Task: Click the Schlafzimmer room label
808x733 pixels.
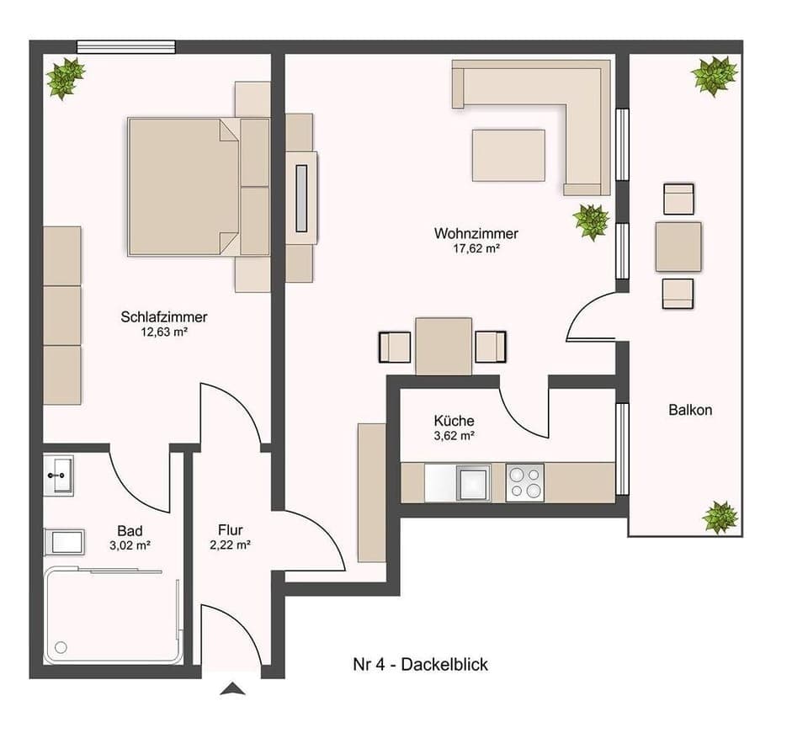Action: [x=164, y=317]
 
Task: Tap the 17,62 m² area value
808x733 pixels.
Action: [x=476, y=248]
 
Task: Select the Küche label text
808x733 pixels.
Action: [x=454, y=420]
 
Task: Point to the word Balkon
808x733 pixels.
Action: [x=690, y=411]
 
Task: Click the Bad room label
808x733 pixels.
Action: [x=130, y=530]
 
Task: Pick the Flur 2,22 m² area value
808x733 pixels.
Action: [x=230, y=544]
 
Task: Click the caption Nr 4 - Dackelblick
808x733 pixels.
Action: [x=420, y=665]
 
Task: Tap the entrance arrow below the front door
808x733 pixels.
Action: [x=232, y=689]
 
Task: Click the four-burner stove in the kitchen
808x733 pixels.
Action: [x=524, y=482]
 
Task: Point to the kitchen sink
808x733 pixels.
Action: [x=472, y=482]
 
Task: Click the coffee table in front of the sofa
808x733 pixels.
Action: [x=508, y=155]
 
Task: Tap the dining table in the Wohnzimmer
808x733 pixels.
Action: [x=444, y=346]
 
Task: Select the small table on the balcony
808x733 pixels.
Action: [x=678, y=247]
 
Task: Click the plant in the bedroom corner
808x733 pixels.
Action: [x=65, y=78]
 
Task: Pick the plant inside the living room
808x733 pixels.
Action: [x=591, y=221]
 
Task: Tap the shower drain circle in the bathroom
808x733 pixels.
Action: [x=60, y=647]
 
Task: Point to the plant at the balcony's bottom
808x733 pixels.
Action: [x=720, y=517]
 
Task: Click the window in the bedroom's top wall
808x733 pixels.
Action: [x=126, y=47]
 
